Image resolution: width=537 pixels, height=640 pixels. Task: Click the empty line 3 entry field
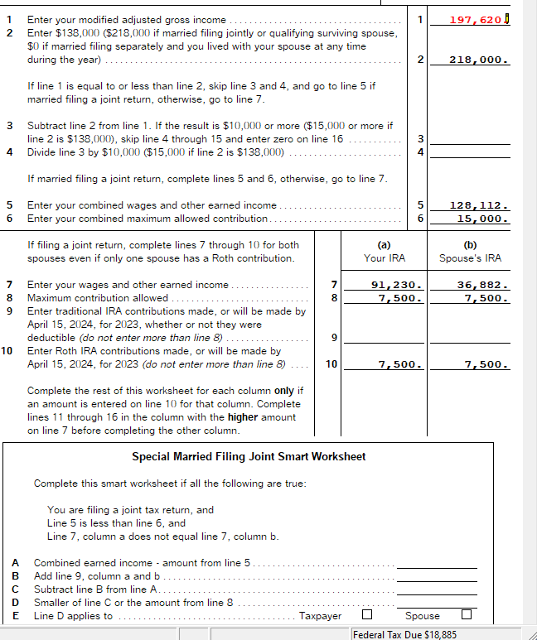pyautogui.click(x=471, y=138)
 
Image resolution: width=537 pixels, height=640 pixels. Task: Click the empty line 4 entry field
pyautogui.click(x=471, y=152)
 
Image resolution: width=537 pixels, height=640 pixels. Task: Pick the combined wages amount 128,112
pyautogui.click(x=478, y=205)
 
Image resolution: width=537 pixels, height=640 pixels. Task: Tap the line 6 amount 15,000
pyautogui.click(x=481, y=219)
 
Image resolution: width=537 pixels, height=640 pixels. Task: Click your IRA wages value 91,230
pyautogui.click(x=396, y=285)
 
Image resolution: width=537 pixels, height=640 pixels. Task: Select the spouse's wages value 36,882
pyautogui.click(x=481, y=285)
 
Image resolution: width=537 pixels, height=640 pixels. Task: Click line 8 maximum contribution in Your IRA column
pyautogui.click(x=401, y=298)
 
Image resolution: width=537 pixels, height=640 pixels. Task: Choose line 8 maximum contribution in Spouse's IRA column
pyautogui.click(x=486, y=298)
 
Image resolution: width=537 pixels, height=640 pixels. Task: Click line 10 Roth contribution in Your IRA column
pyautogui.click(x=401, y=364)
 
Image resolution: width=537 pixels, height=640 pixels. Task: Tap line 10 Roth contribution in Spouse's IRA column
pyautogui.click(x=486, y=364)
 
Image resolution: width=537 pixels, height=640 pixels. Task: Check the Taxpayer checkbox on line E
pyautogui.click(x=366, y=615)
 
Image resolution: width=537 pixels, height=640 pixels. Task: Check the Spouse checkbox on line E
pyautogui.click(x=467, y=615)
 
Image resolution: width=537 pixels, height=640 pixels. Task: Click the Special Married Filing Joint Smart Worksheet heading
pyautogui.click(x=249, y=457)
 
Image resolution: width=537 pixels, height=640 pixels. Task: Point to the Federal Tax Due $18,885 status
pyautogui.click(x=404, y=634)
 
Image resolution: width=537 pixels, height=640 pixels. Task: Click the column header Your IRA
pyautogui.click(x=385, y=258)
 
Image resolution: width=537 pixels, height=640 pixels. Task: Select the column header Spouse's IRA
pyautogui.click(x=470, y=258)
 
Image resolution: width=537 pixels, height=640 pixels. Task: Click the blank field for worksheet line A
pyautogui.click(x=437, y=563)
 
